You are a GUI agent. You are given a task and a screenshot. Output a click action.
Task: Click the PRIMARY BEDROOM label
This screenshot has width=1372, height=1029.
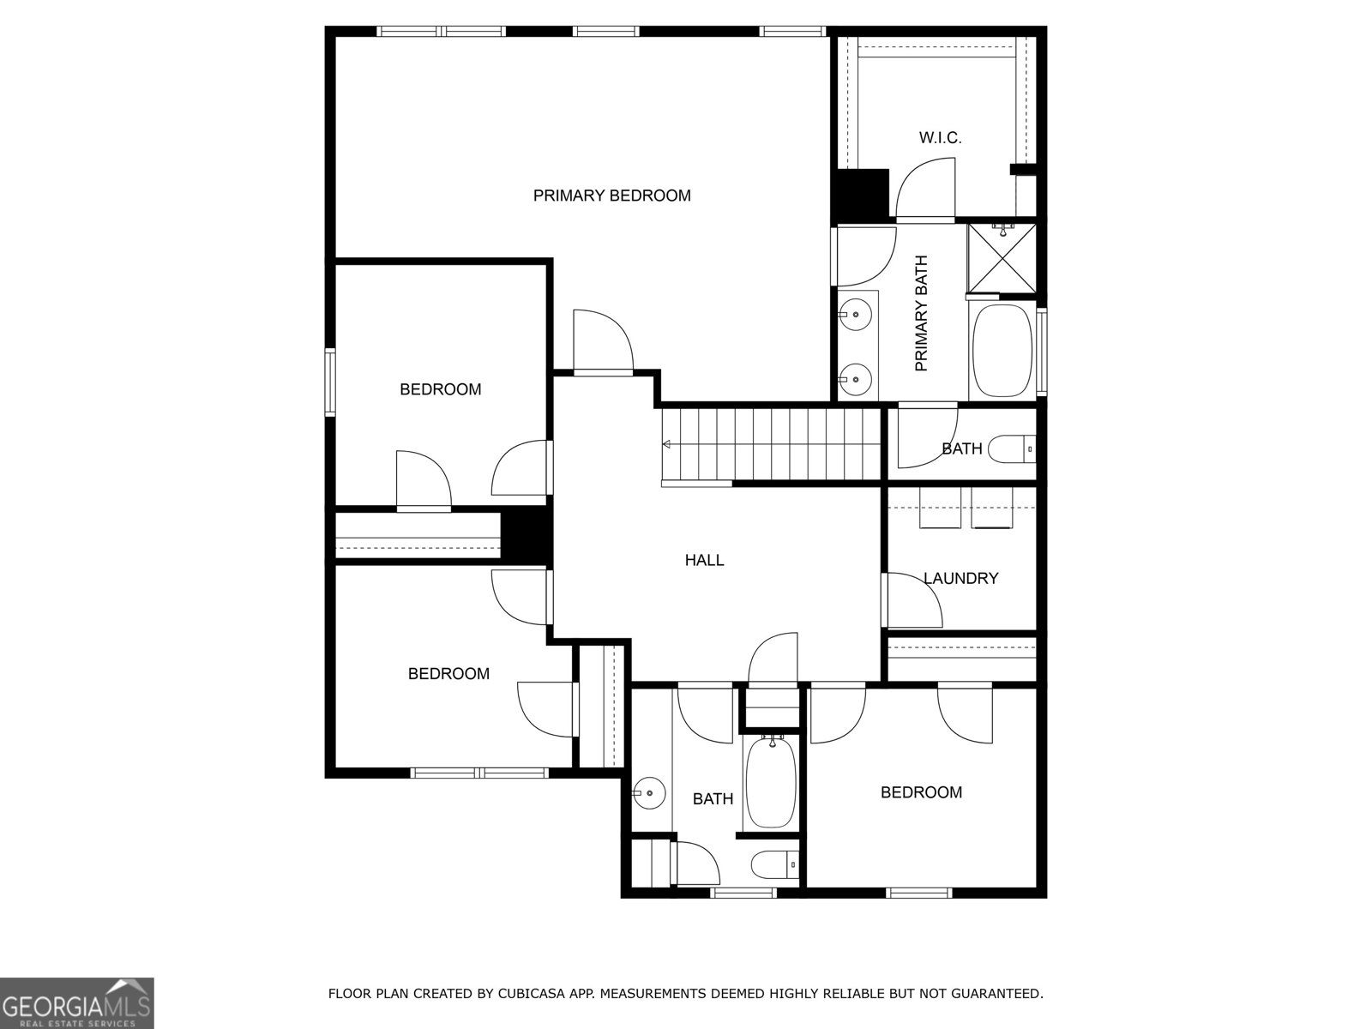(x=612, y=196)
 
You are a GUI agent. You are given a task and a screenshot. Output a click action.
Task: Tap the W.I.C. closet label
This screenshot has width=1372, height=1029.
(x=940, y=138)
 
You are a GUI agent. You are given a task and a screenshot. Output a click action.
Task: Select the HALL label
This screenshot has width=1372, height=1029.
(x=705, y=560)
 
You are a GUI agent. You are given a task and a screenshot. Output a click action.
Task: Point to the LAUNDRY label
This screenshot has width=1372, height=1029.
(x=960, y=578)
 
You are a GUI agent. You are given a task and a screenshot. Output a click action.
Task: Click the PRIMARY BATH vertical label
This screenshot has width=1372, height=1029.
(x=921, y=313)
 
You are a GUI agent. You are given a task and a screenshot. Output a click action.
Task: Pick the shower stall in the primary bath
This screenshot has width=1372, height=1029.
(x=1002, y=258)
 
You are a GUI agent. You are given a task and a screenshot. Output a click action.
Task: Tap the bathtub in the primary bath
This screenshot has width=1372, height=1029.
(x=1002, y=351)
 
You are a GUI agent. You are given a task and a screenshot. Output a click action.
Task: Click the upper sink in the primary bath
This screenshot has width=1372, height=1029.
(x=855, y=315)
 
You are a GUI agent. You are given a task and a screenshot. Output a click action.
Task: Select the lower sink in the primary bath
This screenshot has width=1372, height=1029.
(x=855, y=379)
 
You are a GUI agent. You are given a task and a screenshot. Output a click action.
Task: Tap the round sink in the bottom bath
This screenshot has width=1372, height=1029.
(x=649, y=793)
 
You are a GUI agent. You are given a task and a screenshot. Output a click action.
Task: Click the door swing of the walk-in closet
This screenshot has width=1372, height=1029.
(x=925, y=189)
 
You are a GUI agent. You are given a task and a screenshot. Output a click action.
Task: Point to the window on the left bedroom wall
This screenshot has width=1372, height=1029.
(x=330, y=382)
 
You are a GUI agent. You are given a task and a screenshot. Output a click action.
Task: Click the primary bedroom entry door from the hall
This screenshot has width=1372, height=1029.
(x=603, y=341)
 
